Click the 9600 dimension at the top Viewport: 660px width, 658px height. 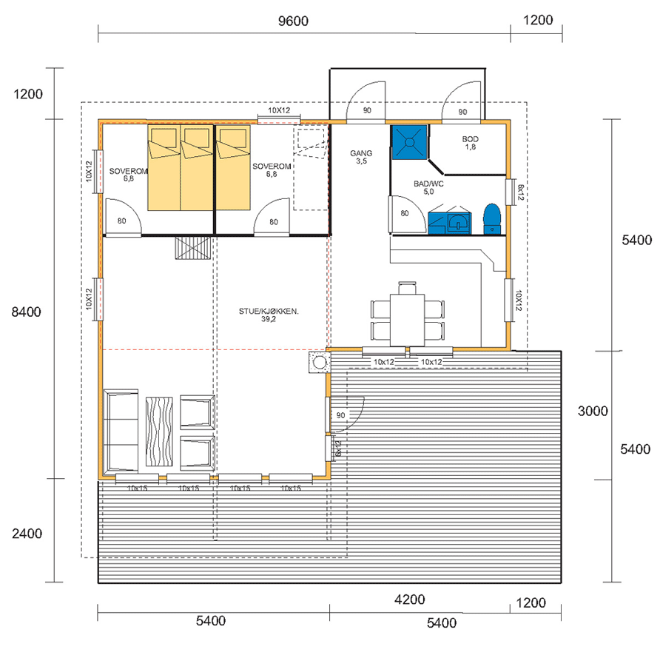pos(293,21)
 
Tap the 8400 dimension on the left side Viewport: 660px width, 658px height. pos(26,312)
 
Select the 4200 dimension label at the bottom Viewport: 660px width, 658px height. pos(409,600)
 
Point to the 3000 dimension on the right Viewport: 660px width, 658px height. pos(593,411)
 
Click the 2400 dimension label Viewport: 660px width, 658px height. pos(27,534)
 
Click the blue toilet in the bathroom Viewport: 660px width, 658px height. pos(492,218)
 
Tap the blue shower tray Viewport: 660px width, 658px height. pos(410,142)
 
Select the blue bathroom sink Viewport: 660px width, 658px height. pos(459,223)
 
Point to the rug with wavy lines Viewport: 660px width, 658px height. pos(159,432)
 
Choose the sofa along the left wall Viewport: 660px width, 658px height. pos(121,431)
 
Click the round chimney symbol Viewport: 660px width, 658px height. pos(320,362)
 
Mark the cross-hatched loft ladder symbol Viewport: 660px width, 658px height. pos(193,247)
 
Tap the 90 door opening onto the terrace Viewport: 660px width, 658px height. pos(345,414)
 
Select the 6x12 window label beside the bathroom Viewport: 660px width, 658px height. pos(520,192)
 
